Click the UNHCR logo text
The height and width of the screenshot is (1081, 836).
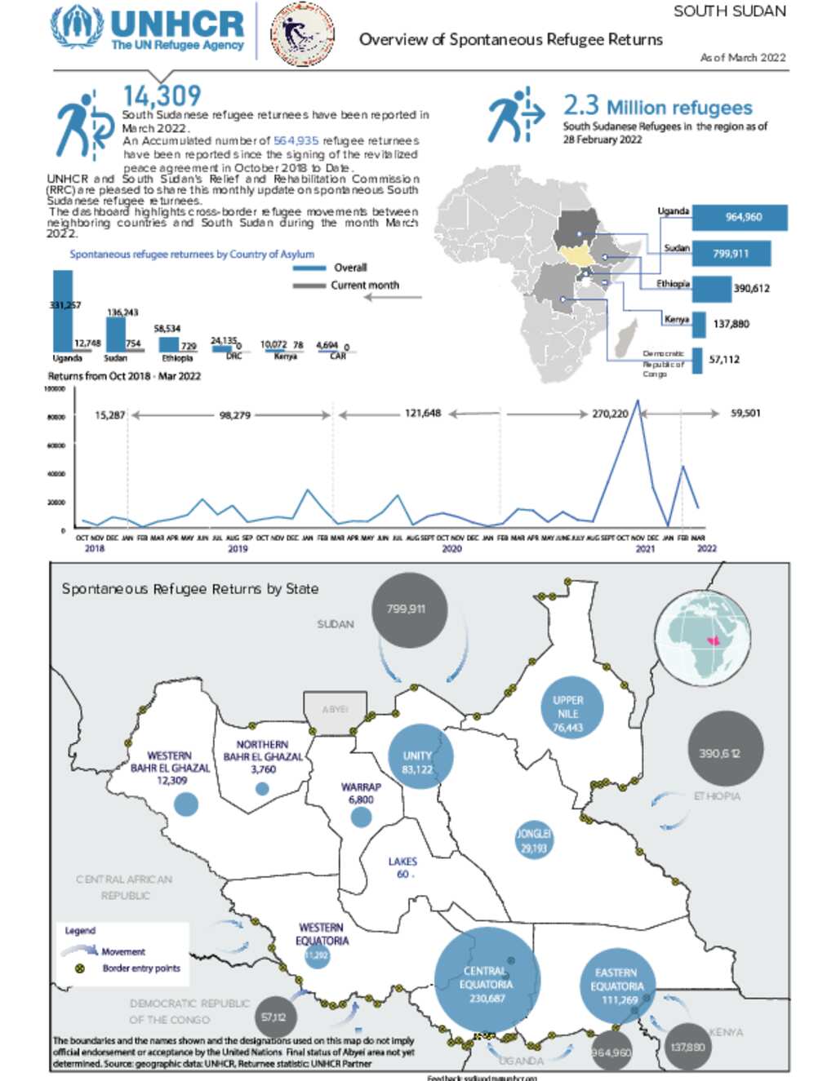176,24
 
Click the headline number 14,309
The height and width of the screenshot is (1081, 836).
162,96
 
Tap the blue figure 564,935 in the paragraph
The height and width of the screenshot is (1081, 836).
296,141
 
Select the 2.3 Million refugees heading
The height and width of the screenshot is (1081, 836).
657,107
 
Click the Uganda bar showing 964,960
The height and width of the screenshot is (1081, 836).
742,217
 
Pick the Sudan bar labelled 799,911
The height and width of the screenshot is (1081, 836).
730,254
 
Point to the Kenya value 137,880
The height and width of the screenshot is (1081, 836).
731,324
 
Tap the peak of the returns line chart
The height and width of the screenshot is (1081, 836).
638,401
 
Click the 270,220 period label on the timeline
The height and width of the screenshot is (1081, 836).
610,414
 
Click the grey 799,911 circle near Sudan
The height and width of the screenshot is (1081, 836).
410,609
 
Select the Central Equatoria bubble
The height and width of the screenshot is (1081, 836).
487,979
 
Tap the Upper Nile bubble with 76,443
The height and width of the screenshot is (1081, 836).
568,708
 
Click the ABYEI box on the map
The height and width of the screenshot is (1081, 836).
335,712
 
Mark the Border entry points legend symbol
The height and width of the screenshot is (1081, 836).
80,968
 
